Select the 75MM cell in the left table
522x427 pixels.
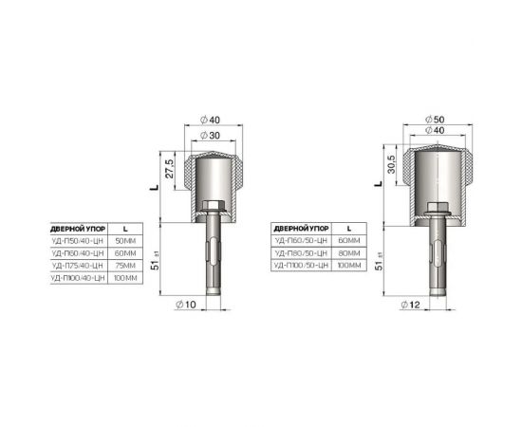pyautogui.click(x=124, y=268)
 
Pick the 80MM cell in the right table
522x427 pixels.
pyautogui.click(x=349, y=253)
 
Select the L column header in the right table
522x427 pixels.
pyautogui.click(x=348, y=229)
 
